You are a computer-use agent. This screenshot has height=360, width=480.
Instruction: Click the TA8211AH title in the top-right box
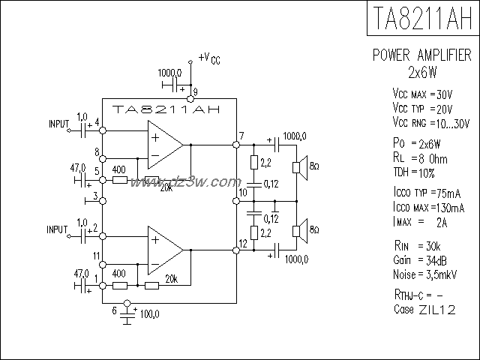422,18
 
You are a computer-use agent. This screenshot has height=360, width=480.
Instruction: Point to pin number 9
195,92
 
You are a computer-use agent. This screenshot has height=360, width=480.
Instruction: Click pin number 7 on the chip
241,136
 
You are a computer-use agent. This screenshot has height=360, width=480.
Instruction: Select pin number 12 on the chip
242,243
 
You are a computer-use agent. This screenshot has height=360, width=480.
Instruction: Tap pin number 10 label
242,194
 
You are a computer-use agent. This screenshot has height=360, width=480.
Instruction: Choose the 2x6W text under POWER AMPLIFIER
423,73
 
